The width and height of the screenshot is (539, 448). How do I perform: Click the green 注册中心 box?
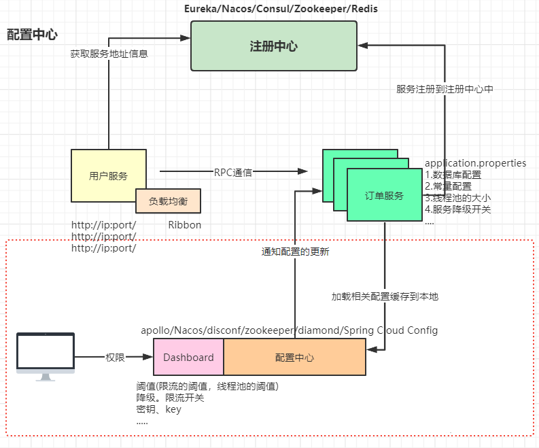(273, 46)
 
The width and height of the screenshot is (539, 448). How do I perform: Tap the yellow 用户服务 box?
(109, 175)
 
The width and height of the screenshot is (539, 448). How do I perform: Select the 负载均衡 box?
(168, 201)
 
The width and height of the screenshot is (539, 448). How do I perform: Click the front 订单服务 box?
(384, 195)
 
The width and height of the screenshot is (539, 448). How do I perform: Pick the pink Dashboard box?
(188, 358)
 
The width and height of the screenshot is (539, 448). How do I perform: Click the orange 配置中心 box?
(294, 358)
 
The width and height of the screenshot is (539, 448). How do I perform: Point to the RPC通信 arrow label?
(233, 172)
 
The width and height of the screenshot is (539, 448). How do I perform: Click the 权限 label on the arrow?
(115, 358)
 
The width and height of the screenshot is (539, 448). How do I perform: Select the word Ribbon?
(185, 225)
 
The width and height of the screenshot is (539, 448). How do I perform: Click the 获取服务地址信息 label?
(109, 53)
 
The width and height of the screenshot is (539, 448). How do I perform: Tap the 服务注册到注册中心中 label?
(445, 89)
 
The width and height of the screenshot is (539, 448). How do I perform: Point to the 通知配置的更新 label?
(296, 251)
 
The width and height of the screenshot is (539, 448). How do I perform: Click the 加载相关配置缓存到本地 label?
(385, 296)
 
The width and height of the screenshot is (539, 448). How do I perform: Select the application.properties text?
(475, 163)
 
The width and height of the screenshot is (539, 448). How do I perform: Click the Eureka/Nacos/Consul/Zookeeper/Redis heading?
(281, 9)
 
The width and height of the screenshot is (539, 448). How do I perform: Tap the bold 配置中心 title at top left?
(32, 35)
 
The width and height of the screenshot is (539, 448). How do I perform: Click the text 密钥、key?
(159, 409)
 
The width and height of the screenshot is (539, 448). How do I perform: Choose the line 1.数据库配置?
(453, 175)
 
